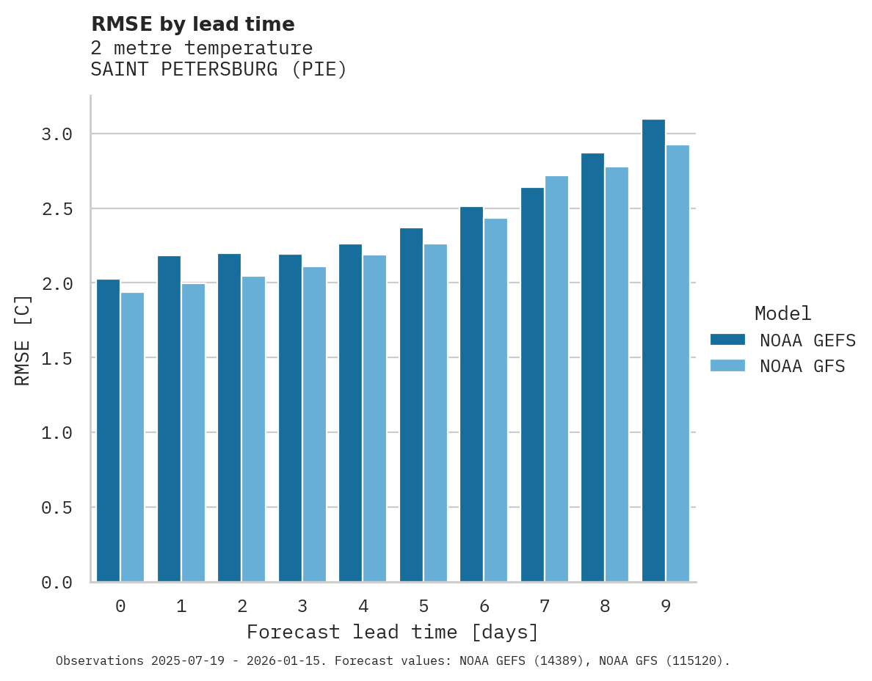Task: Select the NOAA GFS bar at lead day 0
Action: click(x=132, y=437)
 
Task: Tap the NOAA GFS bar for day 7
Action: click(x=556, y=379)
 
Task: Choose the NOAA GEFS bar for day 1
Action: click(x=169, y=418)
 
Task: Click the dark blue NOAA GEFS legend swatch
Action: click(x=727, y=340)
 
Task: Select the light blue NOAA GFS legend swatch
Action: click(x=727, y=365)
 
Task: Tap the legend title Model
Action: click(x=782, y=313)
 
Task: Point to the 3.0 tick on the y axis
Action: click(x=57, y=134)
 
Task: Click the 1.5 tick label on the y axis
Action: click(x=57, y=358)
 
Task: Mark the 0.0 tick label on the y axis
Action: click(x=57, y=583)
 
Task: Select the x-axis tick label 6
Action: click(x=484, y=606)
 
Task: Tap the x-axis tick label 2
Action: click(x=241, y=606)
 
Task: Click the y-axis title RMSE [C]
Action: click(x=23, y=340)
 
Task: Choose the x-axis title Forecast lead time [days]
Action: click(x=393, y=632)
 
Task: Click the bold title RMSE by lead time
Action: click(x=192, y=24)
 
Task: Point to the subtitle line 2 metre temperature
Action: click(x=201, y=48)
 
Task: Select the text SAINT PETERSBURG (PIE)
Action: click(x=218, y=70)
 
